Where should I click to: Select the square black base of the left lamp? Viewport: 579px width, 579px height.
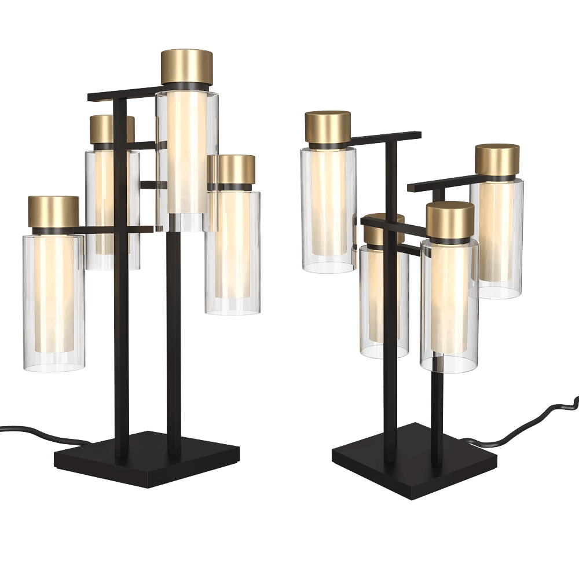click(x=145, y=457)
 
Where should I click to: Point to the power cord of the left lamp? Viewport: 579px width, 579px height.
click(x=29, y=431)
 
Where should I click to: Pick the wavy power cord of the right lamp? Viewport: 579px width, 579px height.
click(x=533, y=420)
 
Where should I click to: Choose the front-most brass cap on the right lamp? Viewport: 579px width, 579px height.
click(x=450, y=219)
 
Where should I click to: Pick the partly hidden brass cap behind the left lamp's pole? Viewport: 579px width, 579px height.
click(x=104, y=129)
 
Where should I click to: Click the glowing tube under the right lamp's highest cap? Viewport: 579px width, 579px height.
click(x=328, y=203)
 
